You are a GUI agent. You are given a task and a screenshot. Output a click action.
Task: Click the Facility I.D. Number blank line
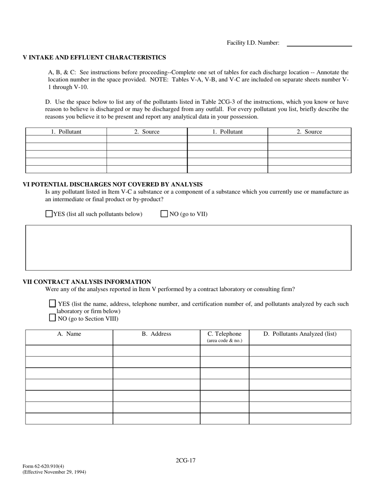319,43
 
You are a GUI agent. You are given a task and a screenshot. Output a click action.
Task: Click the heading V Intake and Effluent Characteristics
94,57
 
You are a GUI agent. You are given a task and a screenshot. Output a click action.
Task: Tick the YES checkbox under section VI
49,214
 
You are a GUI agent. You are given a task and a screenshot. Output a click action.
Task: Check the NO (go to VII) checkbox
164,214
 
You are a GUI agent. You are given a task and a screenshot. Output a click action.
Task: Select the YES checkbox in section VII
52,303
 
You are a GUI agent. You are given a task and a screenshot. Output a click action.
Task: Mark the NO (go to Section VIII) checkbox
52,318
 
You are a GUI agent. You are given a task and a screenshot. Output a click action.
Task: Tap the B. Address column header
156,334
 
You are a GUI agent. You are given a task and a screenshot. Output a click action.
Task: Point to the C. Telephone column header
225,334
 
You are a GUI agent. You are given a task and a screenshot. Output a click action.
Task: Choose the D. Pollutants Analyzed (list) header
300,334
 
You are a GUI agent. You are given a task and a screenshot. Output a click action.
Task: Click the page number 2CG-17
186,460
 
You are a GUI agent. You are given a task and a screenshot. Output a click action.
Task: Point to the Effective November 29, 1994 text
54,472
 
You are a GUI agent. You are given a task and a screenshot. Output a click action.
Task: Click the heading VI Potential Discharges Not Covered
113,184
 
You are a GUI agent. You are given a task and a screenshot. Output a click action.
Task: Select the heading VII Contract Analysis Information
87,282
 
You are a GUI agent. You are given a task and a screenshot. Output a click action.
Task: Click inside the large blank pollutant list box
188,247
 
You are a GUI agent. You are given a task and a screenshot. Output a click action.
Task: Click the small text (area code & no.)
225,341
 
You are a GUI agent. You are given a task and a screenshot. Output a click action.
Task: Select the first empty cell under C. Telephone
225,351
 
